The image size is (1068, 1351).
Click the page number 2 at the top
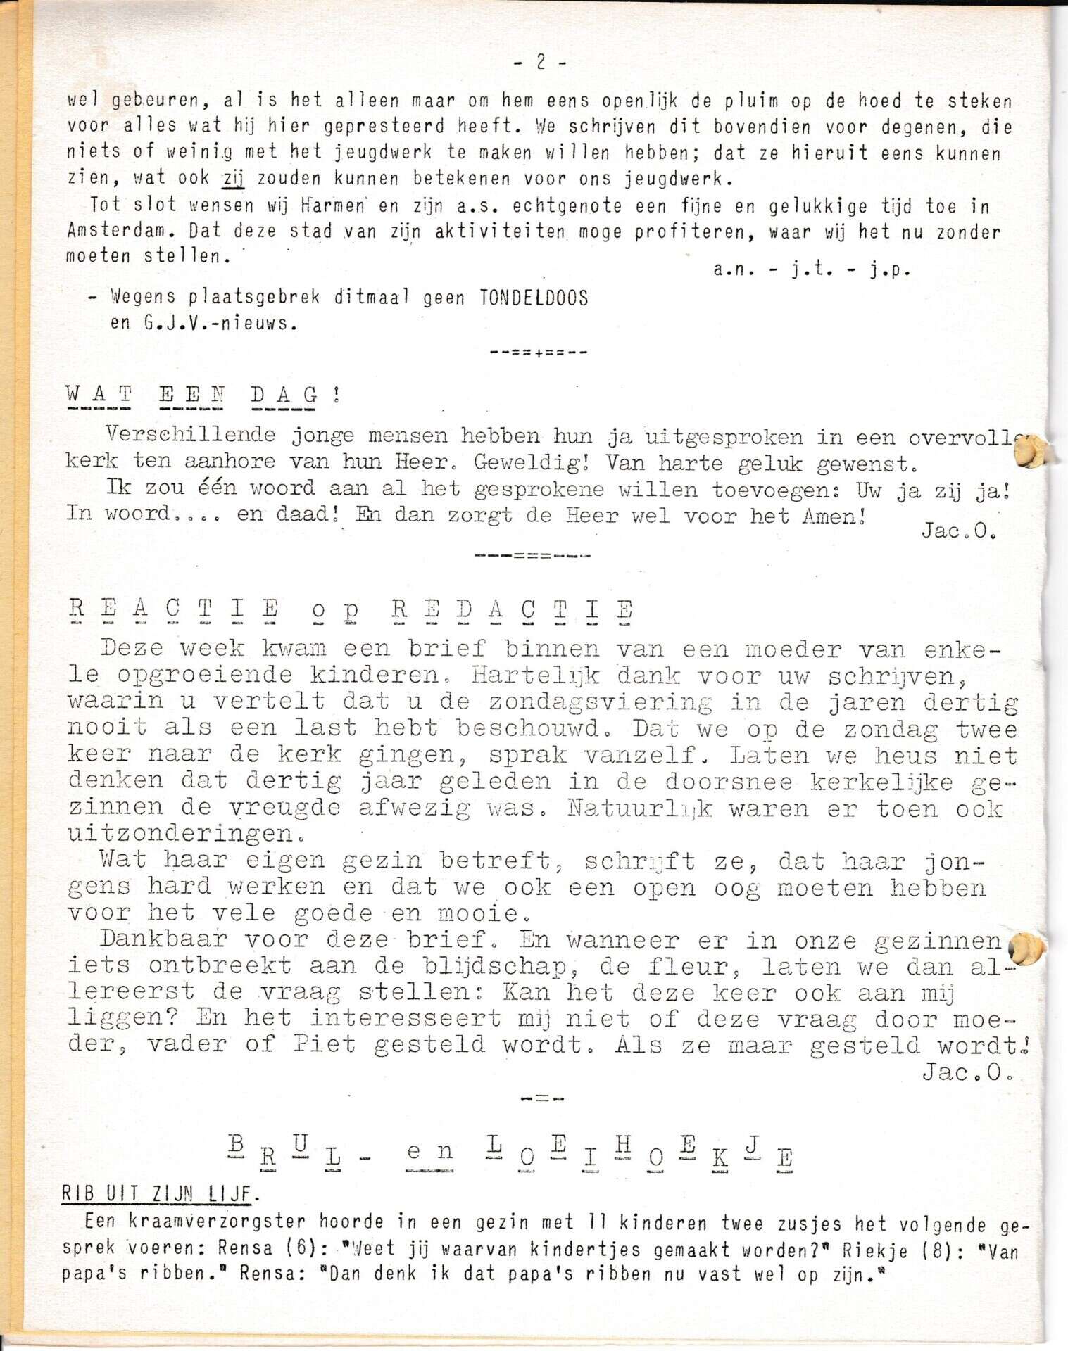(540, 62)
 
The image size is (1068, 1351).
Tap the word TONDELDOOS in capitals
(534, 298)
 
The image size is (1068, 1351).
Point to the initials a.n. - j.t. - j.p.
(812, 269)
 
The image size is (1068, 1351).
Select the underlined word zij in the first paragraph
(233, 179)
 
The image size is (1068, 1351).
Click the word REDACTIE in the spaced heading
(513, 609)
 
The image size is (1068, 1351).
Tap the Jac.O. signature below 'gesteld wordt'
(967, 1072)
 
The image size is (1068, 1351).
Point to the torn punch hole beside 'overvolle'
(1030, 451)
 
